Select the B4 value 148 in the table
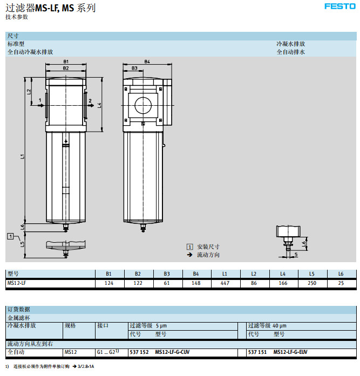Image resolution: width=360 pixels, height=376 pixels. click(x=195, y=283)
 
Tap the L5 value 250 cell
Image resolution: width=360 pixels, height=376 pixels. click(x=311, y=283)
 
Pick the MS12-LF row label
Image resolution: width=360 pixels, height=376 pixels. click(x=16, y=283)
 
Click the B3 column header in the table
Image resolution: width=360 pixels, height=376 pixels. click(x=167, y=274)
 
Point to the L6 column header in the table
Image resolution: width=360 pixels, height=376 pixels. click(x=341, y=274)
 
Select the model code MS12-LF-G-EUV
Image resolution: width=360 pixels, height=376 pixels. click(x=290, y=352)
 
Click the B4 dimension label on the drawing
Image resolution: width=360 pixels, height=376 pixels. click(x=147, y=61)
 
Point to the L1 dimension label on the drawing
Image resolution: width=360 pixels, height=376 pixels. click(x=22, y=156)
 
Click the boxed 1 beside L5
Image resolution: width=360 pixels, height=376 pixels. click(x=10, y=236)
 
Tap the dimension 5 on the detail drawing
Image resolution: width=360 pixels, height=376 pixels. click(x=296, y=254)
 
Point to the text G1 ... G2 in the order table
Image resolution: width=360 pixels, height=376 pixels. click(x=106, y=352)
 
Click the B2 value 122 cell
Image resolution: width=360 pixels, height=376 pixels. click(x=138, y=283)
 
